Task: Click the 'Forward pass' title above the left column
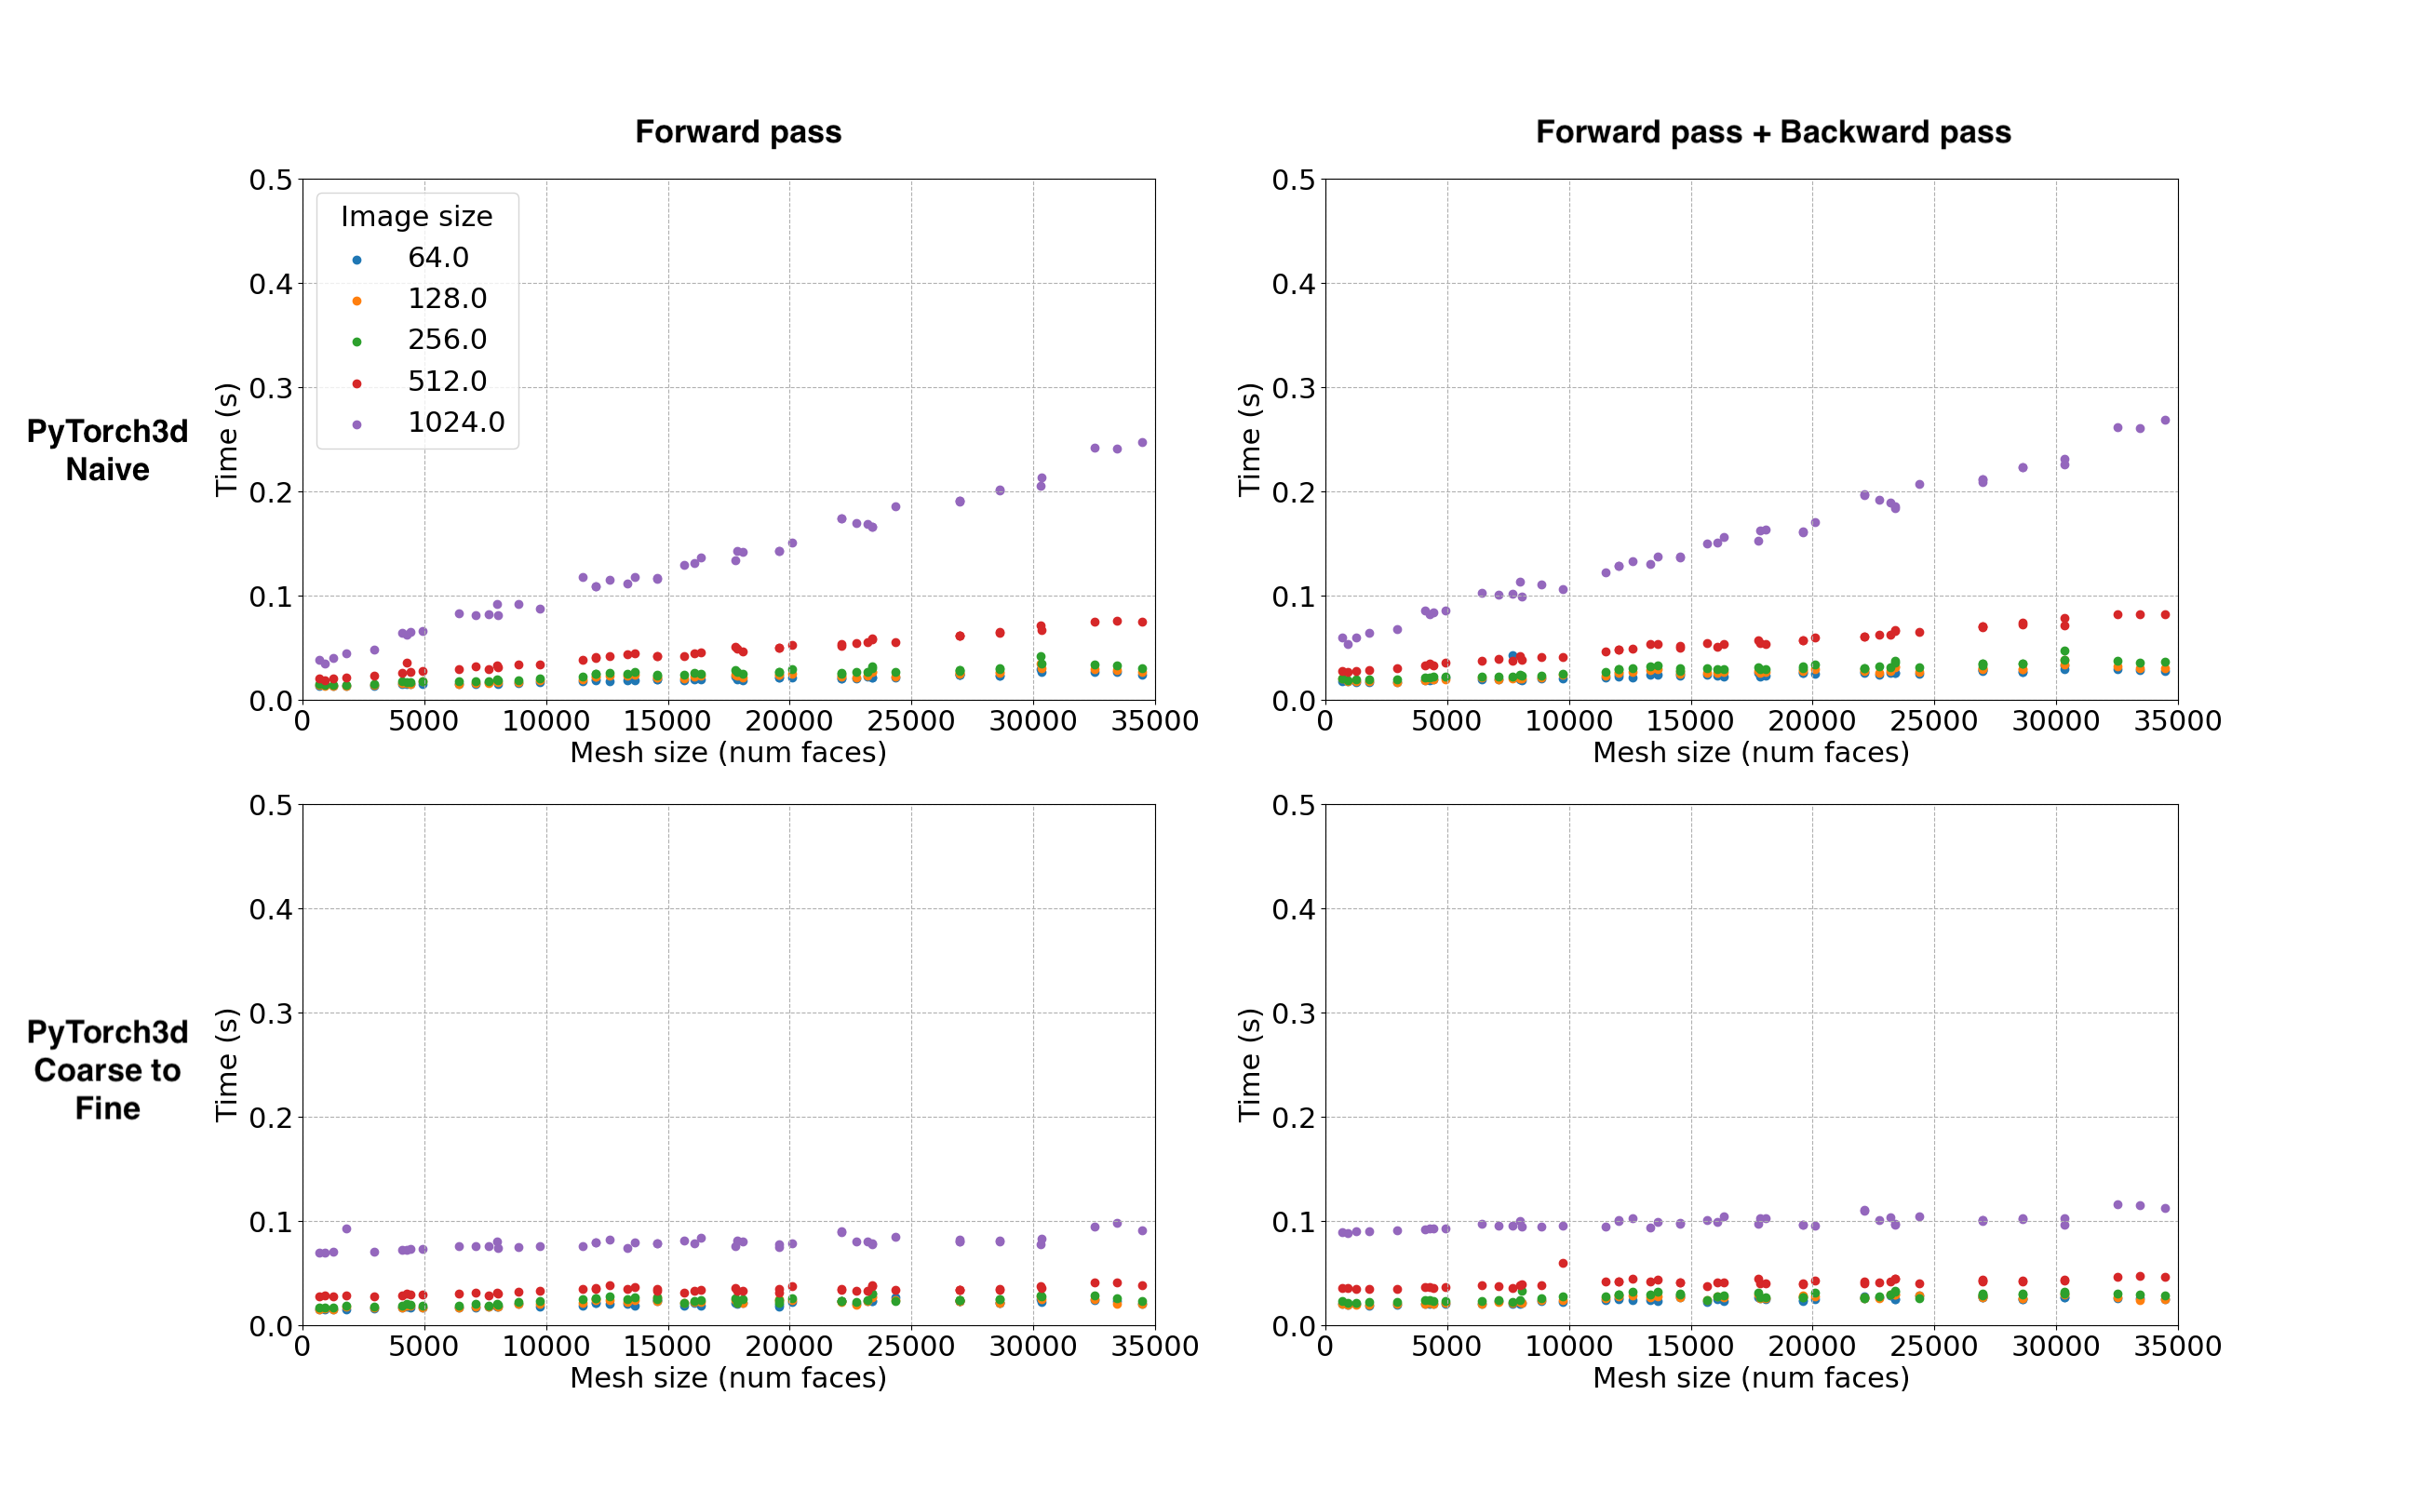pyautogui.click(x=738, y=132)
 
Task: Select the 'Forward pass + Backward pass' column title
pyautogui.click(x=1773, y=132)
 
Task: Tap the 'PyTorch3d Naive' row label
pyautogui.click(x=107, y=450)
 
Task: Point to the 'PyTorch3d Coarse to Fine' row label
pyautogui.click(x=107, y=1069)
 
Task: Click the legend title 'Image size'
pyautogui.click(x=417, y=217)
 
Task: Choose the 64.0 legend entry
pyautogui.click(x=438, y=258)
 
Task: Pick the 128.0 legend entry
pyautogui.click(x=447, y=300)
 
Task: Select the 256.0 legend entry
pyautogui.click(x=447, y=340)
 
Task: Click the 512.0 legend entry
pyautogui.click(x=447, y=382)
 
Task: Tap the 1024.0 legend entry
pyautogui.click(x=456, y=423)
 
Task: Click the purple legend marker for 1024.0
pyautogui.click(x=356, y=424)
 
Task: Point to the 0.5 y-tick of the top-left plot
pyautogui.click(x=271, y=181)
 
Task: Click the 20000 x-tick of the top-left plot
pyautogui.click(x=789, y=722)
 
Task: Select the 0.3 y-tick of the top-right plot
pyautogui.click(x=1294, y=389)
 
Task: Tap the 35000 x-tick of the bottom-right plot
pyautogui.click(x=2178, y=1348)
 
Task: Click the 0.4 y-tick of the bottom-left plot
pyautogui.click(x=271, y=909)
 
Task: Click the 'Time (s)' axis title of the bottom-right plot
pyautogui.click(x=1249, y=1065)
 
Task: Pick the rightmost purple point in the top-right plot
pyautogui.click(x=2165, y=421)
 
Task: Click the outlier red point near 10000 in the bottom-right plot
pyautogui.click(x=1563, y=1264)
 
